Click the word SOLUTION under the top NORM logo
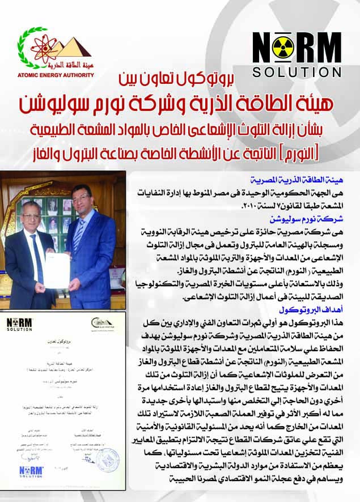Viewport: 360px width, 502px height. (297, 73)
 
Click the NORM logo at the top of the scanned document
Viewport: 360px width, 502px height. (20, 325)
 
